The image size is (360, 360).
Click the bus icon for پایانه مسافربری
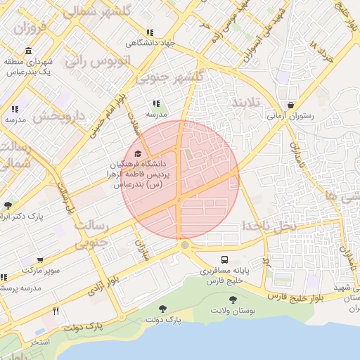tap(224, 259)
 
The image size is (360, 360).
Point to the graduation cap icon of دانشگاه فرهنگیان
tap(138, 153)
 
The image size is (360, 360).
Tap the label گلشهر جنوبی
tap(172, 76)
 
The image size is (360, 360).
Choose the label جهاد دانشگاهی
tap(149, 44)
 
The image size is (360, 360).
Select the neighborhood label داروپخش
tap(60, 115)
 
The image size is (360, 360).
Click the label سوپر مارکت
tap(40, 270)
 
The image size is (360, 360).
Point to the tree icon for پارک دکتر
tap(8, 205)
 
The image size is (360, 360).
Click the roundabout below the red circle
tap(184, 245)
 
